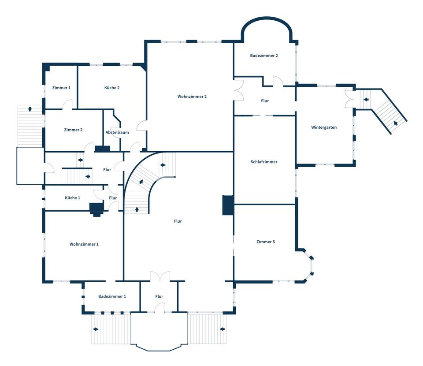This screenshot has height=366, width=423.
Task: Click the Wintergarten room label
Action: coord(324,127)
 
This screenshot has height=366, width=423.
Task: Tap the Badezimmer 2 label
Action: coord(264,56)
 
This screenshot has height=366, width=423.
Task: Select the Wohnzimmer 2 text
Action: coord(192,97)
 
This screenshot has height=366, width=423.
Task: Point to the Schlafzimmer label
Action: coord(264,162)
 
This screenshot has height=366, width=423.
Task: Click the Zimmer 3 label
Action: coord(265,242)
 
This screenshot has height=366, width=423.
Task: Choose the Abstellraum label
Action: coord(117,132)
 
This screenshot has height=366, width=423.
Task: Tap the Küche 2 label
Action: coord(112,88)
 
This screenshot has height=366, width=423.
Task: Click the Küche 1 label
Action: coord(72,198)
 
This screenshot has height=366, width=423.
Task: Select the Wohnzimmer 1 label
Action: coord(84,244)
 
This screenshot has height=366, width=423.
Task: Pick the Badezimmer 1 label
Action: coord(112,296)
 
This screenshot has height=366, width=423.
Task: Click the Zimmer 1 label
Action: coord(61,88)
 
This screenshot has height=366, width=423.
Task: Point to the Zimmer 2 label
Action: coord(73,130)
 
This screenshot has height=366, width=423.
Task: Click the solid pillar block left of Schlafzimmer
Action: coord(228,205)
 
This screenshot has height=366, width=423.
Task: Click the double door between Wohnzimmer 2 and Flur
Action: coord(238,92)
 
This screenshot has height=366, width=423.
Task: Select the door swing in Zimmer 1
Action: coord(67,104)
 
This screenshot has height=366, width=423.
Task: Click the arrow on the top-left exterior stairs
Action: coord(30,109)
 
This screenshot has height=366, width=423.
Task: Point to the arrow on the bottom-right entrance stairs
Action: coord(222,329)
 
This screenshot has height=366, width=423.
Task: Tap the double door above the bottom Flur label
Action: coord(160,276)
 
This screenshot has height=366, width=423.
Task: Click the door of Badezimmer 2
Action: coord(278,82)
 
